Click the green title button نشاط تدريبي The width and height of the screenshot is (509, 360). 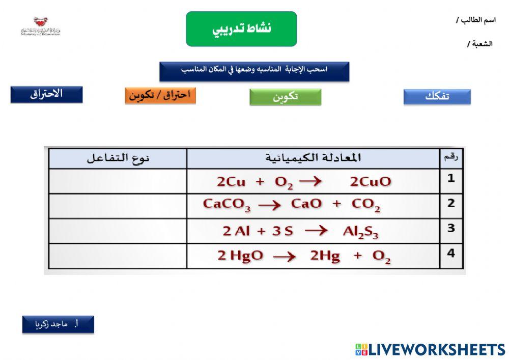click(x=241, y=29)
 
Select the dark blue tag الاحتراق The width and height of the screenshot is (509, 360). click(x=46, y=95)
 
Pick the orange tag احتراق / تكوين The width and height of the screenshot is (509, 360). click(x=160, y=95)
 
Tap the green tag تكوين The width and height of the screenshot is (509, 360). click(x=285, y=97)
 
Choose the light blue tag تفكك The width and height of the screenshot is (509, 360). click(x=437, y=97)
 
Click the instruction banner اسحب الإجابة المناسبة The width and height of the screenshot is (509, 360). click(x=254, y=71)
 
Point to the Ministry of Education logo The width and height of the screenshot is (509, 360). click(x=40, y=26)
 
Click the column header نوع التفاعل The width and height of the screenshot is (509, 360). click(x=118, y=158)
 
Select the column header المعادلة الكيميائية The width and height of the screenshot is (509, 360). click(x=313, y=158)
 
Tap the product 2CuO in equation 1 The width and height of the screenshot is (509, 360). click(x=371, y=182)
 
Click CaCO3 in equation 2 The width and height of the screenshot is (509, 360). click(x=227, y=205)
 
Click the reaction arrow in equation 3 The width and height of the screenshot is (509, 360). click(x=316, y=230)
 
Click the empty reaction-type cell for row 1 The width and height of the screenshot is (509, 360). click(x=118, y=181)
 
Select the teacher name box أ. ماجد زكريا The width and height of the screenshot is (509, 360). click(x=58, y=324)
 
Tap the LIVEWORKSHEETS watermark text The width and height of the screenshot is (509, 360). click(x=436, y=349)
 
